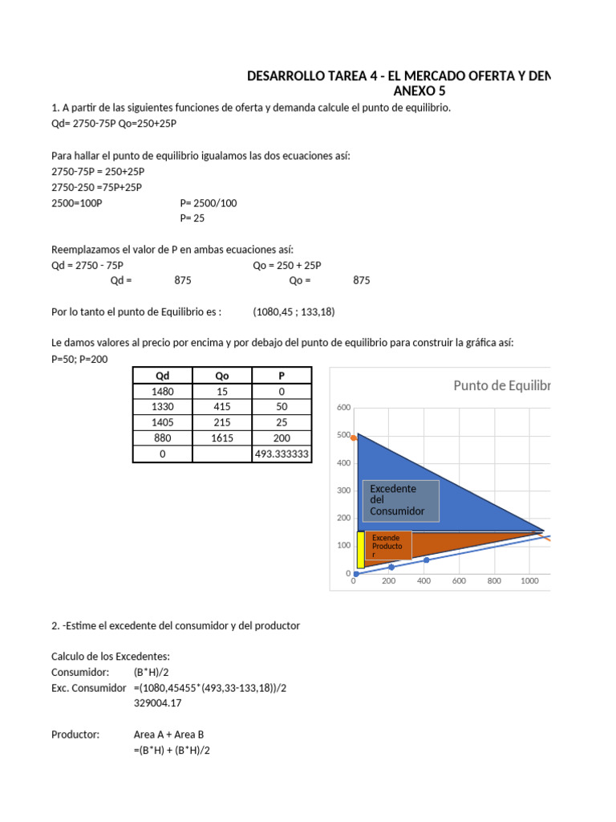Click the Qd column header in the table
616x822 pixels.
(x=162, y=376)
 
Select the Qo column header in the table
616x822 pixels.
(x=222, y=376)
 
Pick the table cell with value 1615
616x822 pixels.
(x=222, y=438)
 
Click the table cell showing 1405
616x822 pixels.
(x=162, y=422)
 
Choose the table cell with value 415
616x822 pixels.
(x=222, y=407)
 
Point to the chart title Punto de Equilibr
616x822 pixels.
(x=502, y=385)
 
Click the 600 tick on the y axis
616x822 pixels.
(x=343, y=408)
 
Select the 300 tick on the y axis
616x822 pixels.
(x=343, y=490)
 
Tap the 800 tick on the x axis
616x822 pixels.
(x=494, y=580)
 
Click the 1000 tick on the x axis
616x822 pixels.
(x=529, y=580)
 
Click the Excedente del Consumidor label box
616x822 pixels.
(x=402, y=499)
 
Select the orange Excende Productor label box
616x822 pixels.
(x=388, y=546)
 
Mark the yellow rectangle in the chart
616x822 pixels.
(x=360, y=551)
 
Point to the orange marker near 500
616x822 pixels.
(x=354, y=437)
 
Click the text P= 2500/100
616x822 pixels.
(x=203, y=202)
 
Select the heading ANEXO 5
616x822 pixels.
(x=419, y=91)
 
